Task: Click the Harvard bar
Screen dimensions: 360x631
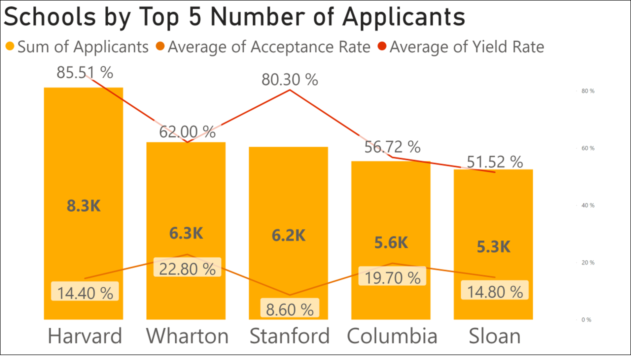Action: [x=83, y=150]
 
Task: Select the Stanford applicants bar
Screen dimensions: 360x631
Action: [x=288, y=190]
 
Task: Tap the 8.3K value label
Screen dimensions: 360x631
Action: [x=84, y=205]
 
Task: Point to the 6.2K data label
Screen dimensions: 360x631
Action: [x=288, y=235]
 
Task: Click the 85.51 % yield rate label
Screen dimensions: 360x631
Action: [x=85, y=72]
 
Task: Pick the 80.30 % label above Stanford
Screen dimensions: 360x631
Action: [x=290, y=79]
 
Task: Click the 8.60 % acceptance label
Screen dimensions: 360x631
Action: [x=290, y=309]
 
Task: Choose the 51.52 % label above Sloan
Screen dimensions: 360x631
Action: [x=495, y=162]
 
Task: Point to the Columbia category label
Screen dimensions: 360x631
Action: [x=392, y=336]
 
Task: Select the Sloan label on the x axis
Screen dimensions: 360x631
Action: [x=494, y=336]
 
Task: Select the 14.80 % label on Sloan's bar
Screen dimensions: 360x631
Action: [x=495, y=291]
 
